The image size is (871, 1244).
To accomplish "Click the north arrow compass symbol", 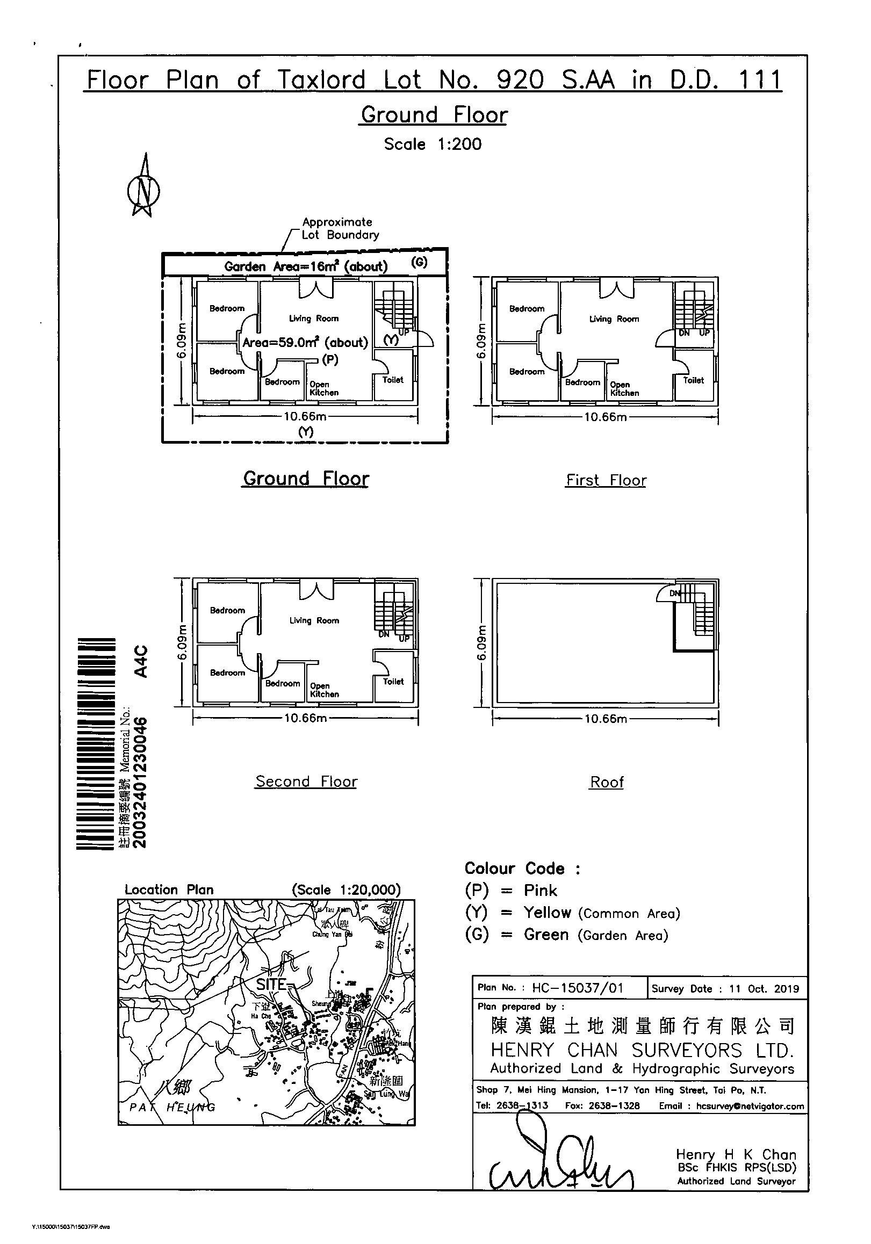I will (x=143, y=187).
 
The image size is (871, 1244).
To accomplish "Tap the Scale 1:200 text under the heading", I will (x=433, y=144).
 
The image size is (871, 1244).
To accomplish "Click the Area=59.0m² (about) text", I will (x=305, y=343).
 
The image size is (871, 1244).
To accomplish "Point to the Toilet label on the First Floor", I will (x=693, y=380).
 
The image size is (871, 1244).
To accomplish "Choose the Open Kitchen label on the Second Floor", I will (x=324, y=690).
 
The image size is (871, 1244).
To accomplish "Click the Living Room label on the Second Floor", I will (x=314, y=620).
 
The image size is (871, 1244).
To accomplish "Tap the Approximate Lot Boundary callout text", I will (x=340, y=229).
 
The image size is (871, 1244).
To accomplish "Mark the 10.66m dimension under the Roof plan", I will (x=606, y=719).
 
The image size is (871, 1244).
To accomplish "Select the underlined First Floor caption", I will (x=606, y=480).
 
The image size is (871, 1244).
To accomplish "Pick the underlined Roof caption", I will (x=607, y=782).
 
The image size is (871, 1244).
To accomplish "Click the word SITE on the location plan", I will (x=271, y=984).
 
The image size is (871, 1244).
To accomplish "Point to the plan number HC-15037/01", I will (x=578, y=988).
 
